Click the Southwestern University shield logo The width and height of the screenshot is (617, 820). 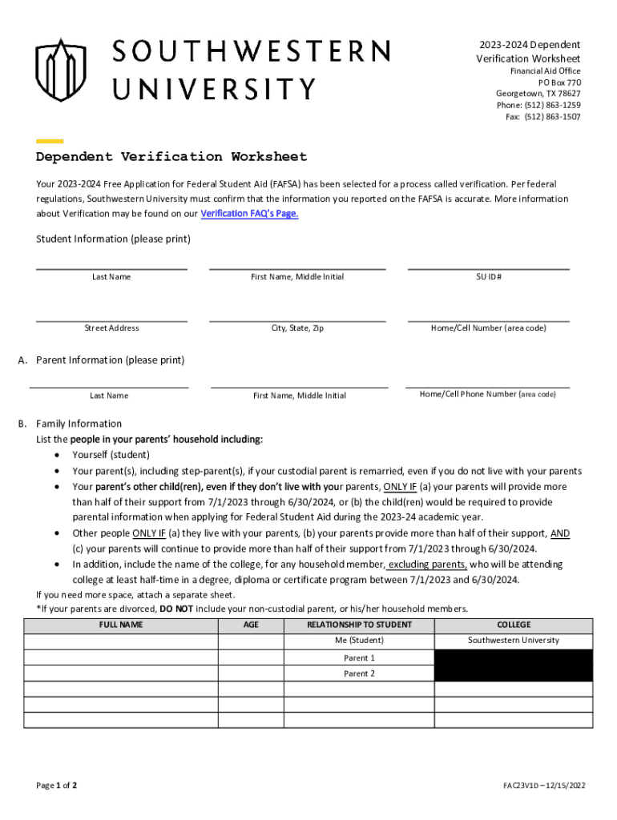[60, 70]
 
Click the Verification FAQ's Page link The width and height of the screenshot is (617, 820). [249, 214]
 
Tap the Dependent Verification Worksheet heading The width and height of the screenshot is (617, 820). [171, 157]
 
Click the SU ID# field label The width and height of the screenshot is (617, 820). [489, 277]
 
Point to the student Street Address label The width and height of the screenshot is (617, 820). [111, 328]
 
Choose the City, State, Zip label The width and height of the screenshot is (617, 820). [296, 328]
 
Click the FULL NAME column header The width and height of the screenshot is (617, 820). [121, 625]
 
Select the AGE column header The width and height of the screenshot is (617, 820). [251, 625]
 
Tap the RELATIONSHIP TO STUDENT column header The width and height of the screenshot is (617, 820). [359, 625]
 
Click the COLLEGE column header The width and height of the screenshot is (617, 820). [514, 625]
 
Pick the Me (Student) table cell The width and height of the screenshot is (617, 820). [359, 641]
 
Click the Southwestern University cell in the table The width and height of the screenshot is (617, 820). [514, 641]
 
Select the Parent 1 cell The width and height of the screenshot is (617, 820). [359, 657]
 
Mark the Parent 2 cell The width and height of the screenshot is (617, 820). [359, 673]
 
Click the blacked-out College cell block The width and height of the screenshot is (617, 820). [514, 665]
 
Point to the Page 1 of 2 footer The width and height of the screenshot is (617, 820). [57, 786]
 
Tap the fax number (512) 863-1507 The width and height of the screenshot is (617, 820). [553, 117]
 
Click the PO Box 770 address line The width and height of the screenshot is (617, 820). [559, 82]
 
